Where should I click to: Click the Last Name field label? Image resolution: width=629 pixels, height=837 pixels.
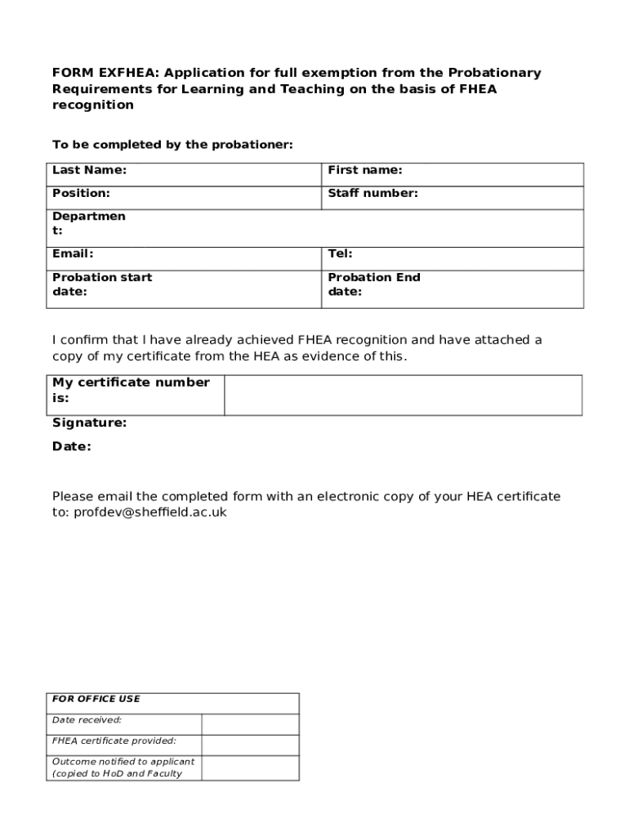point(89,171)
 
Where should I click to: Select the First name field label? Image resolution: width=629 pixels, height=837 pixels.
point(364,171)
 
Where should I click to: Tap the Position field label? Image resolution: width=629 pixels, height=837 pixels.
point(81,194)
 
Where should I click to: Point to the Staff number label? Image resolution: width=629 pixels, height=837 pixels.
point(372,194)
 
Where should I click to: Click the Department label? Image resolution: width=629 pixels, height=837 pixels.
point(88,223)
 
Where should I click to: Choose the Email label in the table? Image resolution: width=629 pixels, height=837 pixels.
point(73,254)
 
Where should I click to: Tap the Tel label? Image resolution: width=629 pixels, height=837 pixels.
point(340,254)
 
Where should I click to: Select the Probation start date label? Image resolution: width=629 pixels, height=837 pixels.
point(101,284)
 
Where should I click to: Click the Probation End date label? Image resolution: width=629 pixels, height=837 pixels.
point(373,284)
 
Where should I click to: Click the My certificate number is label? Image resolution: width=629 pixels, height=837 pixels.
point(131,390)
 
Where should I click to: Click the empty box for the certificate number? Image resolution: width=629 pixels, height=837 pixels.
point(403,396)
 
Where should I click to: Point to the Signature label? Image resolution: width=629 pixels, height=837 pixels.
point(89,423)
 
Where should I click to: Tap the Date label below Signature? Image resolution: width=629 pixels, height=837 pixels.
point(72,447)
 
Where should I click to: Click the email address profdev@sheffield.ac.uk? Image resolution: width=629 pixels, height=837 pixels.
point(150,512)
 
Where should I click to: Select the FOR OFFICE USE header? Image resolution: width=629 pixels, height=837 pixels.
point(96,699)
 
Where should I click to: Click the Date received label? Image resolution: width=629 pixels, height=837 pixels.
point(87,720)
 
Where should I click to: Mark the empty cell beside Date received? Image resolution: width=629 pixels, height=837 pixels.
point(250,724)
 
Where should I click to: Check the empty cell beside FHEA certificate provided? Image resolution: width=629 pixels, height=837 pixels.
point(250,745)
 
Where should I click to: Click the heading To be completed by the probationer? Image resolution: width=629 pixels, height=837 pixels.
point(172,145)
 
